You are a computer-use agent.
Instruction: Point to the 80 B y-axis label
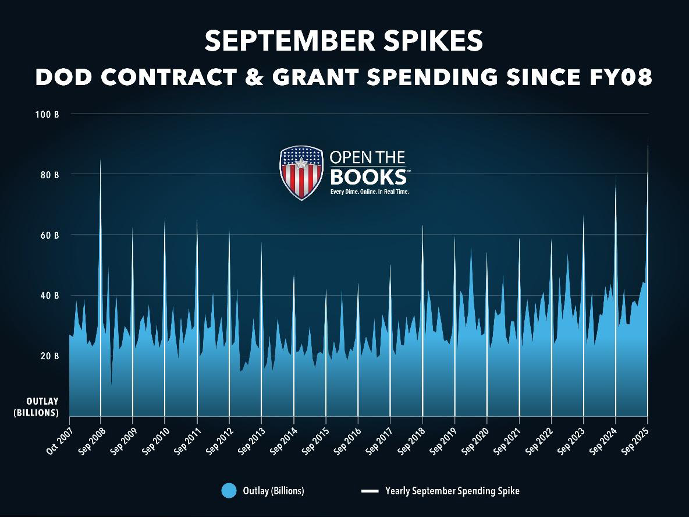tap(49, 175)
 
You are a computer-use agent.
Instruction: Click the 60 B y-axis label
tap(49, 235)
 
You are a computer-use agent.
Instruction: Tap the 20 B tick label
tap(49, 356)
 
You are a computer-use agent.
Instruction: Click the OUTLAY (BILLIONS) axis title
tap(42, 407)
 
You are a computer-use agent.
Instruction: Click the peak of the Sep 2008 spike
tap(101, 161)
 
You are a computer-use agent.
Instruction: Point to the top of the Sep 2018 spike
tap(422, 226)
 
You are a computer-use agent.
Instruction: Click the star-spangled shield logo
tap(301, 172)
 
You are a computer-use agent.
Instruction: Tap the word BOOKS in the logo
tap(368, 176)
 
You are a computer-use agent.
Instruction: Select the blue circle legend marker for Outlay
tap(229, 491)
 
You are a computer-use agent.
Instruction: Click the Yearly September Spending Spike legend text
tap(452, 491)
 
